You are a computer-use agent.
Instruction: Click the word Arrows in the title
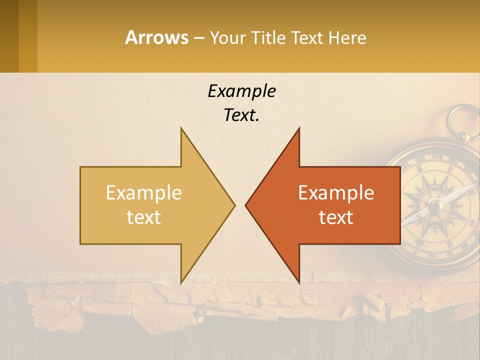coord(156,37)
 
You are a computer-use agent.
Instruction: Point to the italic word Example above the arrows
coord(241,91)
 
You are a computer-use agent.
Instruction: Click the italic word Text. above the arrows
coord(241,115)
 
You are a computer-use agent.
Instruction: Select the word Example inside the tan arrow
coord(143,192)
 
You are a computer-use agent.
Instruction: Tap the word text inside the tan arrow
coord(143,217)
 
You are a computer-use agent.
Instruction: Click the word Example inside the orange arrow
coord(336,192)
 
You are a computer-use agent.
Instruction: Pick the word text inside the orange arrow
coord(336,217)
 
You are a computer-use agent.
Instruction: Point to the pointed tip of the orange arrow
coord(245,205)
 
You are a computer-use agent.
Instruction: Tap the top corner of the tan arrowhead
coord(181,128)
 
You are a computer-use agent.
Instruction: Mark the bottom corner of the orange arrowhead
coord(299,283)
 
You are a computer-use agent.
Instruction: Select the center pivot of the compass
coord(434,205)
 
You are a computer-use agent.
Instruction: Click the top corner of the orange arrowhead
coord(299,128)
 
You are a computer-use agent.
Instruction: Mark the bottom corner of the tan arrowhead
coord(181,283)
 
